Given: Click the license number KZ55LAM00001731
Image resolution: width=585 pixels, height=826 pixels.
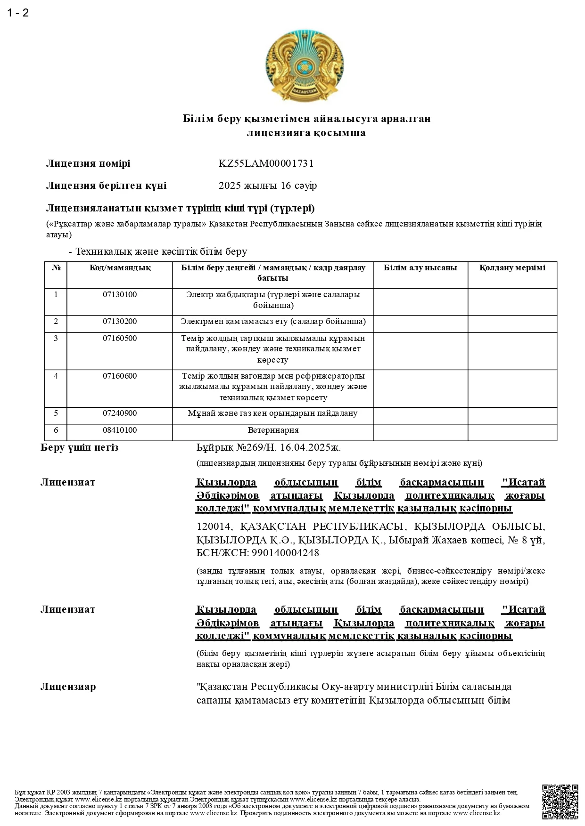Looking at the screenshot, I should (266, 163).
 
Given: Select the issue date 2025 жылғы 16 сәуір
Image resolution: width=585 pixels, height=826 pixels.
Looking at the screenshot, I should (267, 186).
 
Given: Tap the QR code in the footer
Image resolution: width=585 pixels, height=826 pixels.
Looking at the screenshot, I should (560, 802).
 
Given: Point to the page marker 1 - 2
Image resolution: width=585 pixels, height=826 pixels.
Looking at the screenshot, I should (18, 13).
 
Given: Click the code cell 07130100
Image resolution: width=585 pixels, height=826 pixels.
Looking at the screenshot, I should (120, 295).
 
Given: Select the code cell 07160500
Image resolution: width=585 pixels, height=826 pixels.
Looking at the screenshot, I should (120, 339).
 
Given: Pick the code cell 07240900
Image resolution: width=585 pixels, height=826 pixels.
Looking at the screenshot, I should (120, 413).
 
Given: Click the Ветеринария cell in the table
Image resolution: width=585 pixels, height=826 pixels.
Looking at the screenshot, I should (273, 430).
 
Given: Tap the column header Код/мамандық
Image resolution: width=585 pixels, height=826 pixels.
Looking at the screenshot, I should (120, 268).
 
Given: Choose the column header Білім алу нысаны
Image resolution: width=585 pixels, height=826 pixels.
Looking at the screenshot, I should (420, 268).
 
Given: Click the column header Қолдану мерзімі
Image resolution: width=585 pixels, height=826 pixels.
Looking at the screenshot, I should (512, 268).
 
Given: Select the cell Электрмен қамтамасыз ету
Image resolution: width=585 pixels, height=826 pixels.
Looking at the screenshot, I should (273, 322).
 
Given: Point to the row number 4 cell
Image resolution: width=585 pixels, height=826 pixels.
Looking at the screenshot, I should (56, 376).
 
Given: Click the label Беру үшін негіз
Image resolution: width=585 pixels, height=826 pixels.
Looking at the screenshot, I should (80, 447).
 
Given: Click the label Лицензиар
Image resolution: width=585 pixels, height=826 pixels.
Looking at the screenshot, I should (68, 687).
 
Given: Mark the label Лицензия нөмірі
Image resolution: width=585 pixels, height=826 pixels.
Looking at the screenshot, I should (88, 163).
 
